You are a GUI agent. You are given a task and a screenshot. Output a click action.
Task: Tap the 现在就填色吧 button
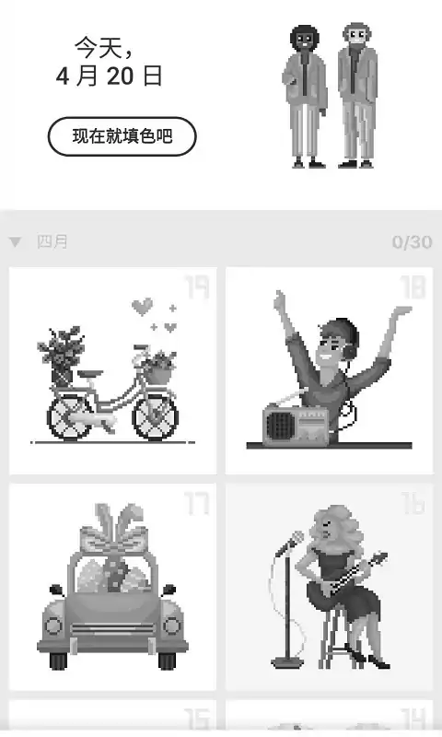coord(122,136)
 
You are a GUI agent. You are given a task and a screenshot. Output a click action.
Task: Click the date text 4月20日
coord(109,76)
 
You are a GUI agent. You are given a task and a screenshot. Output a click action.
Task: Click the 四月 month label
coord(52,241)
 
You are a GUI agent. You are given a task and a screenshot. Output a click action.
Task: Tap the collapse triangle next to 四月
coord(16,242)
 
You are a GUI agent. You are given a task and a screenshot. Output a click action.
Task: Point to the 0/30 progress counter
coord(412,242)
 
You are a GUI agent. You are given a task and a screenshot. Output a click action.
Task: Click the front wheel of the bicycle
coord(156,417)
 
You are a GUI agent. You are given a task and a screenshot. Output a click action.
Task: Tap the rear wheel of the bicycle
coord(70,417)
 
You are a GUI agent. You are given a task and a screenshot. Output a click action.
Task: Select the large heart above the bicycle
coord(143,307)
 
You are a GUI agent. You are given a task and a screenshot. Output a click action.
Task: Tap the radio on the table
coord(297,426)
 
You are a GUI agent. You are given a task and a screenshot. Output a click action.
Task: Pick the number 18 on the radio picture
coord(413,287)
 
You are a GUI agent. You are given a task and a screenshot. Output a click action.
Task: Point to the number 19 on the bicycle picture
coord(197,287)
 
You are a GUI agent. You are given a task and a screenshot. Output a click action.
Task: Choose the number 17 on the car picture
coord(196,504)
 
